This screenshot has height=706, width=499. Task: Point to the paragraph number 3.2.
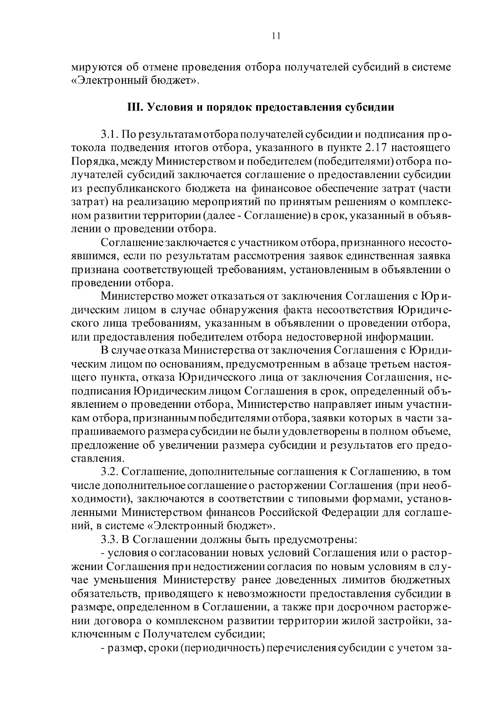coord(110,472)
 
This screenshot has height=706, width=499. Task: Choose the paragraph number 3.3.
coord(110,540)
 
